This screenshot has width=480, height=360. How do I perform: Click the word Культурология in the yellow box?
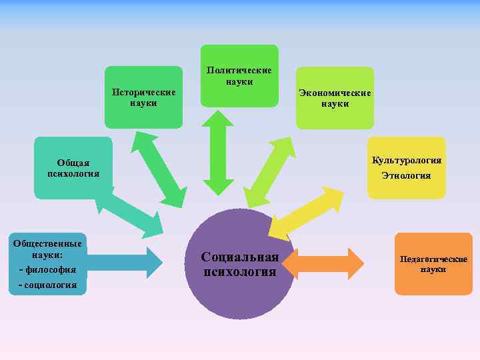[407, 161]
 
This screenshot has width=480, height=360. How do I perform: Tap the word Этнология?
[407, 176]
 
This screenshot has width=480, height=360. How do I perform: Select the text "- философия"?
[47, 270]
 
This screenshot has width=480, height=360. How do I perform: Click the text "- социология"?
[47, 285]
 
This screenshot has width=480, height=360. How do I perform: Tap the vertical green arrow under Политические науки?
[219, 153]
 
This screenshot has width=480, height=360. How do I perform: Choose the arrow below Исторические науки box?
[159, 169]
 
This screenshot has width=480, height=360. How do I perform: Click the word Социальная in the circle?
[240, 257]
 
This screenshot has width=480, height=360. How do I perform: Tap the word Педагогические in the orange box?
[433, 259]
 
